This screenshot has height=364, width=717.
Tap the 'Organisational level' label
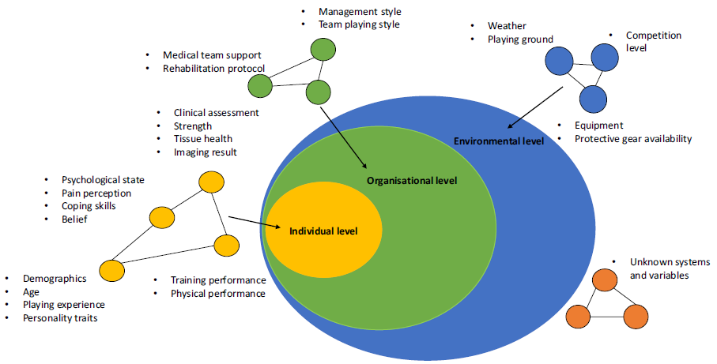411,181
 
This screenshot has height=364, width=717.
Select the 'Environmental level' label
498,141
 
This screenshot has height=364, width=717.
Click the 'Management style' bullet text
360,12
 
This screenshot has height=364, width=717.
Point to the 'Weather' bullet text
507,26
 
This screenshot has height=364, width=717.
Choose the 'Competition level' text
653,41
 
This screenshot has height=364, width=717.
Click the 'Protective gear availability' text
632,139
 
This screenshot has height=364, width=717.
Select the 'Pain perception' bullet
96,193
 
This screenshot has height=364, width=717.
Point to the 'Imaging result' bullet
206,152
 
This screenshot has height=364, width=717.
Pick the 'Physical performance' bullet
218,294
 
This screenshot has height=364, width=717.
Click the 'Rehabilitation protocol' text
213,69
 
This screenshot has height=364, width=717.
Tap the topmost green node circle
323,51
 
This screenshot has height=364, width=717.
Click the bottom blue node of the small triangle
593,99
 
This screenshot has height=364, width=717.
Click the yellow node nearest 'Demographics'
111,270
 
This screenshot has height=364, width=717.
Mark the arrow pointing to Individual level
255,223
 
